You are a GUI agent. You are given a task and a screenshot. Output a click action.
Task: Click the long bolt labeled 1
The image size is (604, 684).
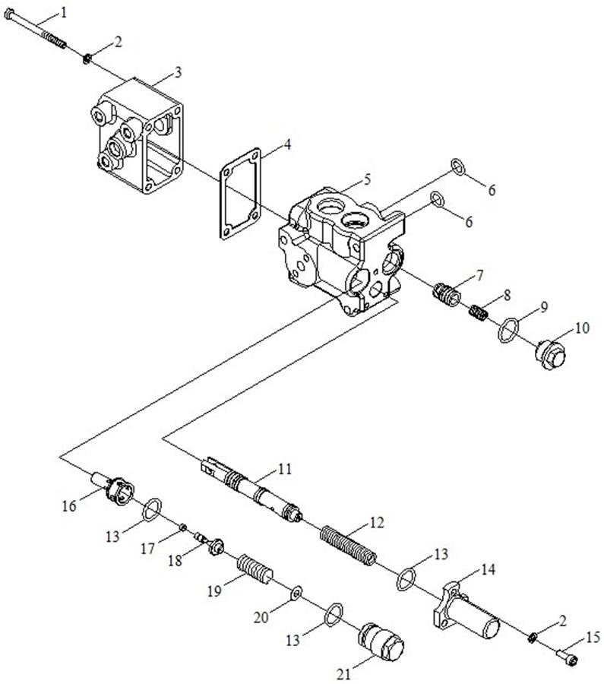pos(38,30)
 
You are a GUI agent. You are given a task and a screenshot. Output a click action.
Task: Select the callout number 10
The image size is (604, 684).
pos(582,328)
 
